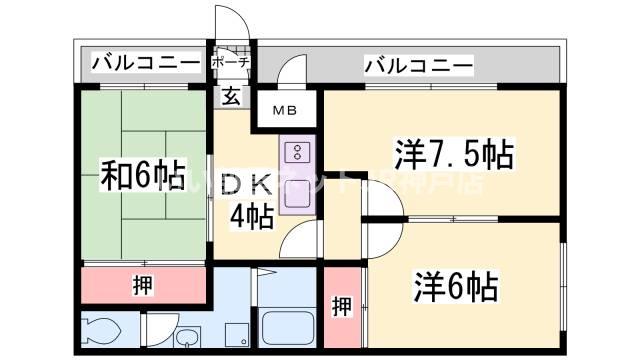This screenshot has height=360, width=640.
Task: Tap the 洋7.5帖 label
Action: (453, 155)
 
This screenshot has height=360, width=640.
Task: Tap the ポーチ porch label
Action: (231, 63)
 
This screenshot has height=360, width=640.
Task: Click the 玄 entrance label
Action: (231, 98)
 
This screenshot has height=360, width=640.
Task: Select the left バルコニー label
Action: (145, 63)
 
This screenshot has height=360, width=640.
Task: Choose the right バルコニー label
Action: (417, 66)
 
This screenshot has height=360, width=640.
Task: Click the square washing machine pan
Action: (236, 331)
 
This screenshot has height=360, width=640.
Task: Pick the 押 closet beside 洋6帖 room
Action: (342, 306)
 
